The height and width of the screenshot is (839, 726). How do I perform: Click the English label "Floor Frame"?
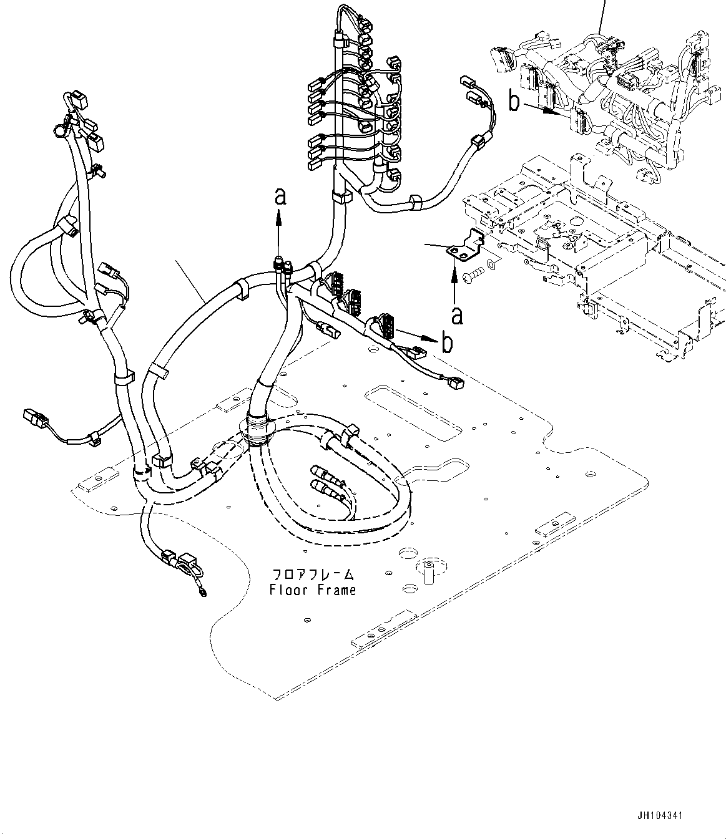313,589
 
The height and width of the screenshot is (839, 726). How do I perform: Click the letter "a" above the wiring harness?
280,198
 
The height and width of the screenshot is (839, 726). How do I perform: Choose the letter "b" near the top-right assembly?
514,102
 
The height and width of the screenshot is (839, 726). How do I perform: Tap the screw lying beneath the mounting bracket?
476,273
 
